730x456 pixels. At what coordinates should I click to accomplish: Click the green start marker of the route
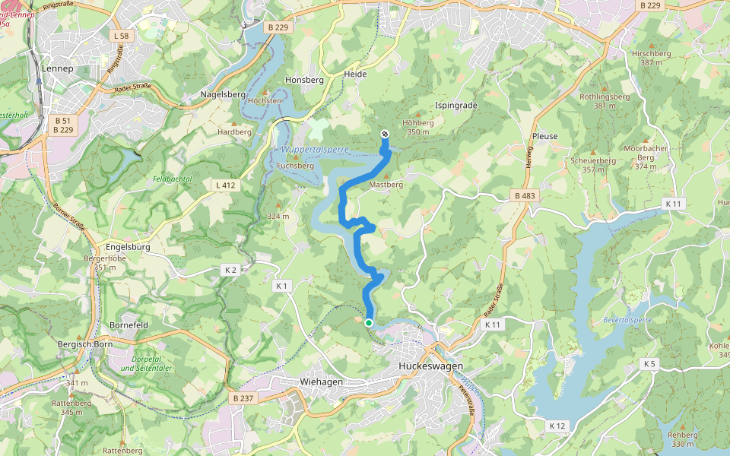click(369, 323)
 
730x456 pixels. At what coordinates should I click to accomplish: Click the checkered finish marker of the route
click(384, 135)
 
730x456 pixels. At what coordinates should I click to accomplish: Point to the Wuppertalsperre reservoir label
click(314, 150)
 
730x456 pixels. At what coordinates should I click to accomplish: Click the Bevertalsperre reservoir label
click(627, 320)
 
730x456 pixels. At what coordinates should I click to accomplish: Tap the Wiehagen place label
click(321, 382)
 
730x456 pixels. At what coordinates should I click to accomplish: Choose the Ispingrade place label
click(456, 105)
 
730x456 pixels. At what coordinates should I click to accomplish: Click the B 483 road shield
click(525, 196)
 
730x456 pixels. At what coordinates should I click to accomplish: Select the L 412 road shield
click(226, 185)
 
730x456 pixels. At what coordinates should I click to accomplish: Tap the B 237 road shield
click(243, 397)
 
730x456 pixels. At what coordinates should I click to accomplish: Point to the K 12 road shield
click(557, 426)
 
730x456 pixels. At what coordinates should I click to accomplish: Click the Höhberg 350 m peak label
click(418, 126)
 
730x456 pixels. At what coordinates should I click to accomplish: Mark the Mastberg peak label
click(386, 185)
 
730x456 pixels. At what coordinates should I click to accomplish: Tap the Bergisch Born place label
click(84, 344)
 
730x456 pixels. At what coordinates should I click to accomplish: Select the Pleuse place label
click(545, 136)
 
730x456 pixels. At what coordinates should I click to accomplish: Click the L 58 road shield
click(120, 36)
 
